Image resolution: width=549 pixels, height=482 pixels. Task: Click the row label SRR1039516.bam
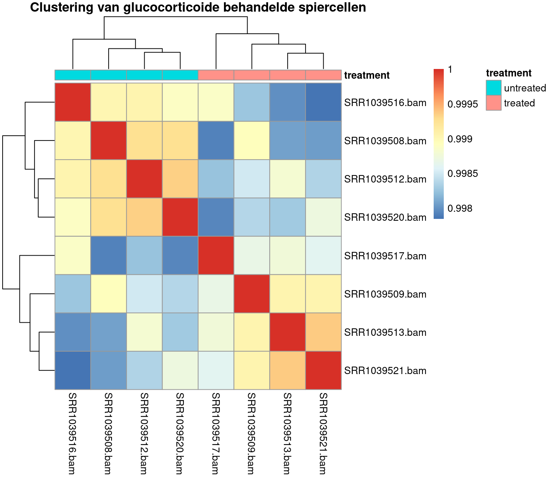click(x=385, y=103)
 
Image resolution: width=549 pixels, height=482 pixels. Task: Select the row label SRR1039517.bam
click(x=385, y=256)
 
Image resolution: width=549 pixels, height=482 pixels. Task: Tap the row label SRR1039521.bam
click(x=385, y=371)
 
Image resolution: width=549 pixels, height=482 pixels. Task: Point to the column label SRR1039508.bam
click(x=108, y=433)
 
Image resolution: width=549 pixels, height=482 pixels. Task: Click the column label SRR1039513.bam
click(x=287, y=433)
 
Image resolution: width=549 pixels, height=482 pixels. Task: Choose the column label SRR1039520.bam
click(x=180, y=433)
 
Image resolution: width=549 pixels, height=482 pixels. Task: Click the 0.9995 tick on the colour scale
click(x=462, y=104)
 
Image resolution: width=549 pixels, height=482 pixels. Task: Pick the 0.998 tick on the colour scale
click(x=460, y=208)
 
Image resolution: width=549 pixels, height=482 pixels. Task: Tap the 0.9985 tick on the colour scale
click(x=462, y=174)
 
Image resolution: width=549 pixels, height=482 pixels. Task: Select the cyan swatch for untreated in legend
click(x=494, y=88)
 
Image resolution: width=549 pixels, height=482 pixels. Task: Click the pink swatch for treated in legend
click(x=494, y=103)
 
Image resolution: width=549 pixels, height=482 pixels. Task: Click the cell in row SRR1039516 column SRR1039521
click(x=323, y=102)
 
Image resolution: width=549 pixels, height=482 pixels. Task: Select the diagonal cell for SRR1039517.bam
click(x=216, y=256)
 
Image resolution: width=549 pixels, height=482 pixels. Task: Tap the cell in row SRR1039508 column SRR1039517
click(x=216, y=141)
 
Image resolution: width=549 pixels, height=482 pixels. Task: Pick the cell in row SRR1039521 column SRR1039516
click(x=73, y=370)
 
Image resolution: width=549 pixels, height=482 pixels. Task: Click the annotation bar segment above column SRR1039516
click(x=73, y=75)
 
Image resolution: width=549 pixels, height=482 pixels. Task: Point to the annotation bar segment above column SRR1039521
click(x=323, y=75)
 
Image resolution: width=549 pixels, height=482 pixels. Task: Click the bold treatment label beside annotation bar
click(x=367, y=75)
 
